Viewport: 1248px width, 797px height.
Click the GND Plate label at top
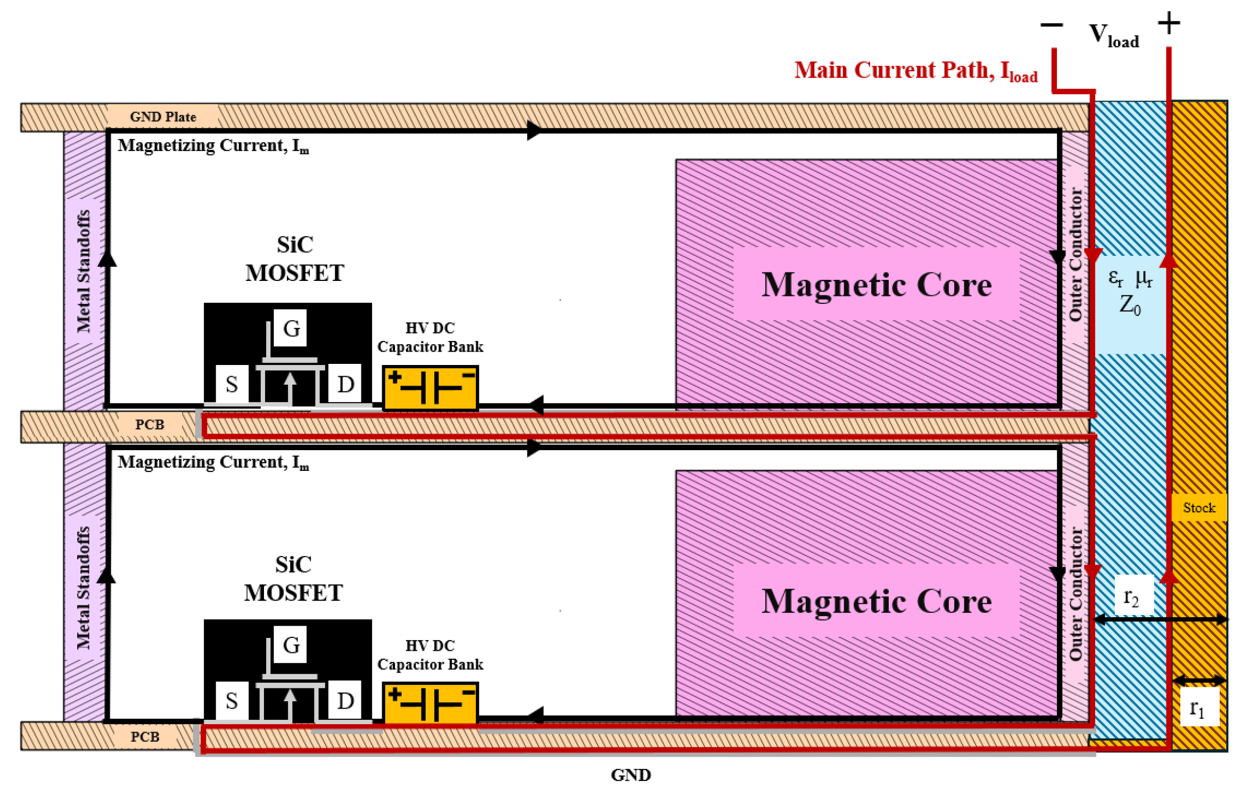(163, 117)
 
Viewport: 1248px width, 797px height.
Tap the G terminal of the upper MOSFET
(291, 328)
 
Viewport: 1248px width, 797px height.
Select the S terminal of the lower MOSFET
(232, 701)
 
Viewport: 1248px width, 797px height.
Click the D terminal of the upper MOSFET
(345, 384)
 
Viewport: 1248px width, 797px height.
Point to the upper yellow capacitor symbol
(430, 388)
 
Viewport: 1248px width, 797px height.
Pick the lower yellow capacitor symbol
(430, 703)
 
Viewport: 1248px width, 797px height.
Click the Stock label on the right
(1199, 508)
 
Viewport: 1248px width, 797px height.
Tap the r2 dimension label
(1131, 597)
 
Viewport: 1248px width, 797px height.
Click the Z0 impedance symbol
(1129, 305)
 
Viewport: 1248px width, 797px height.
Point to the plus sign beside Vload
(1169, 23)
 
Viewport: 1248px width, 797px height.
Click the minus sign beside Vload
(1052, 25)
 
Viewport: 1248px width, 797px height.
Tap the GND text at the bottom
(631, 775)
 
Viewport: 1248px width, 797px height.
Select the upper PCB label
(150, 425)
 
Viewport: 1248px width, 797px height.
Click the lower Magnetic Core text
(877, 601)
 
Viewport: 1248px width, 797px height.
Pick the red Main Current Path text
(915, 71)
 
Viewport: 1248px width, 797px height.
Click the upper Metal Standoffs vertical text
(84, 271)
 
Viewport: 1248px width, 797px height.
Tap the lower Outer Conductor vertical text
(1076, 593)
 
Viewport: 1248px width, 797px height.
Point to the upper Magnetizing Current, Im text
(213, 146)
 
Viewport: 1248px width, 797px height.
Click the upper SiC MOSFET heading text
(294, 259)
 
